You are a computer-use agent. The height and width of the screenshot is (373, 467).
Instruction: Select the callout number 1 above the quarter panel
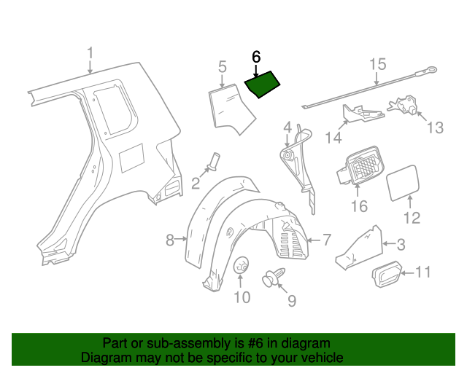tap(90, 54)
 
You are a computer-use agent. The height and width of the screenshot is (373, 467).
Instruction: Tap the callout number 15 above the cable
tap(376, 64)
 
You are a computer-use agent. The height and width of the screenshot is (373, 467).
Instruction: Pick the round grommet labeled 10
tap(241, 268)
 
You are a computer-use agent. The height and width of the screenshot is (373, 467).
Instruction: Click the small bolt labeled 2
tap(214, 160)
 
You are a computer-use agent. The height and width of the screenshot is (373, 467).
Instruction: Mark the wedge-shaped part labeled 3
tap(357, 246)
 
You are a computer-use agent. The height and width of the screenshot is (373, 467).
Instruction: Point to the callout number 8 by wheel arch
tap(169, 240)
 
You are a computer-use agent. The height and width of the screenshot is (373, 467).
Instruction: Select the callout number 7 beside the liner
tap(326, 238)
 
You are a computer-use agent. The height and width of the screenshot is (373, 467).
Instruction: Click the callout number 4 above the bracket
tap(287, 127)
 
